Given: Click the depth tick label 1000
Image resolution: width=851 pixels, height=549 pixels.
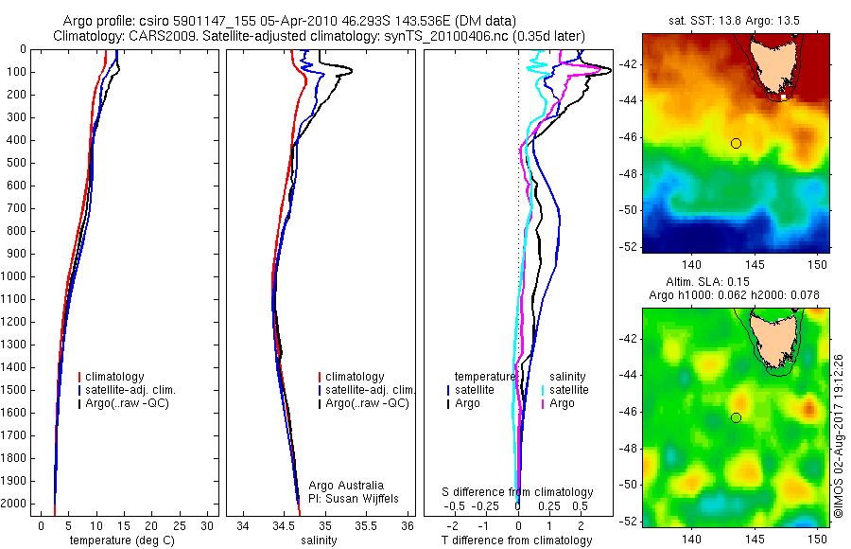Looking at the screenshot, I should tap(16, 276).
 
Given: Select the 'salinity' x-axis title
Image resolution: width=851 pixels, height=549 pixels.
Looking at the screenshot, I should tap(318, 540).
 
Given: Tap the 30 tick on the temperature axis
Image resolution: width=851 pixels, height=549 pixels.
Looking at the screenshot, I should tap(209, 525).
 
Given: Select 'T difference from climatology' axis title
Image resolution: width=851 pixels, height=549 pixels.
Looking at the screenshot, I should tap(516, 540).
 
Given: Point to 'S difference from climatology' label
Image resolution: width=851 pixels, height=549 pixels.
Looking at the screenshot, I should tap(518, 492).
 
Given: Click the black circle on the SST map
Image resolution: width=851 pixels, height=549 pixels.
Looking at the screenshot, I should tap(736, 143).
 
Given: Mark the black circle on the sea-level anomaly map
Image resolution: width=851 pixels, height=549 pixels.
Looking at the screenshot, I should tap(736, 417).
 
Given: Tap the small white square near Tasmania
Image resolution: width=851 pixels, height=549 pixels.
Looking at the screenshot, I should tap(784, 97).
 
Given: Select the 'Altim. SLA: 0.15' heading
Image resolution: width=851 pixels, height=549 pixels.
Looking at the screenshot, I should tap(735, 283).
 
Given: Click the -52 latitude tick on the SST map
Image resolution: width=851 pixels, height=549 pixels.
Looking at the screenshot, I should tap(629, 247).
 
